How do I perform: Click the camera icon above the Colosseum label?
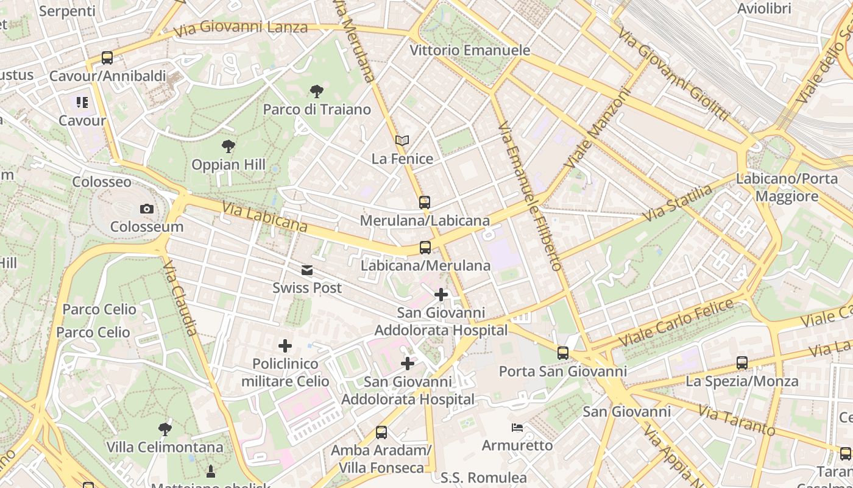146,209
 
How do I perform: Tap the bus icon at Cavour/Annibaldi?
107,58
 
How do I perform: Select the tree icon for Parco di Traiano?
316,92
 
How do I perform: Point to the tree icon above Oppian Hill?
228,146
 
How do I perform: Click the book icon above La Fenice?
402,141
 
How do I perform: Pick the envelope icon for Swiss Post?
307,270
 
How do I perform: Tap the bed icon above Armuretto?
517,428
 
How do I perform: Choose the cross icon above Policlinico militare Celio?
285,346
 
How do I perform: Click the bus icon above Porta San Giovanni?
562,353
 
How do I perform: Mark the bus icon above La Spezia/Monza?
742,363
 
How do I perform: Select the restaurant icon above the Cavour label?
82,102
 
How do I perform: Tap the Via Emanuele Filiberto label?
529,195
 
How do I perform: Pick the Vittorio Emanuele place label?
470,50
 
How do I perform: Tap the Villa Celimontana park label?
165,447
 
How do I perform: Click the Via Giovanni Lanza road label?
240,27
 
